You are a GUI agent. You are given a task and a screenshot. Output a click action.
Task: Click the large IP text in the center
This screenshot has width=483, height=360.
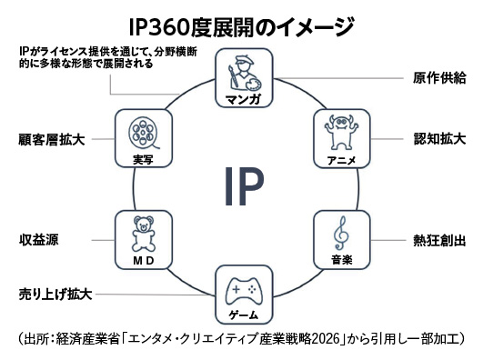click(244, 186)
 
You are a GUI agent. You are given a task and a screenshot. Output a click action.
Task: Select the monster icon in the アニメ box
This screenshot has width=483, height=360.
click(341, 133)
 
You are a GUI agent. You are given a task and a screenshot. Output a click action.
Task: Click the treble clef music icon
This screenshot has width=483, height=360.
click(341, 233)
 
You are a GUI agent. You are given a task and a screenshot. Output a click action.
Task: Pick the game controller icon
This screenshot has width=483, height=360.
click(244, 291)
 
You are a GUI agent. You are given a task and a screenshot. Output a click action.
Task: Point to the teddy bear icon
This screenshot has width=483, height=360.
click(143, 234)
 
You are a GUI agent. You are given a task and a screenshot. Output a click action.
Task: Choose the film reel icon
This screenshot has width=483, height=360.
click(143, 133)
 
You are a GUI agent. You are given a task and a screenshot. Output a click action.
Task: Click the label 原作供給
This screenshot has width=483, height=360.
click(439, 78)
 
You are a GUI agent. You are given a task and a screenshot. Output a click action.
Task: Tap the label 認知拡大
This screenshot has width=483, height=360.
click(439, 139)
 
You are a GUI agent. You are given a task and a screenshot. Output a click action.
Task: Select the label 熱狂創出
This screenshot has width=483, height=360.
click(439, 241)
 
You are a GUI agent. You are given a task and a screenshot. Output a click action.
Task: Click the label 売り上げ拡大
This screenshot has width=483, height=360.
click(55, 295)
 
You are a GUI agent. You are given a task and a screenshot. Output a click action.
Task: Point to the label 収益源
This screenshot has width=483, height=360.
click(38, 240)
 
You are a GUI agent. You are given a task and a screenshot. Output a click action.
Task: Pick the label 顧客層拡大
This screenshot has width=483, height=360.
click(52, 139)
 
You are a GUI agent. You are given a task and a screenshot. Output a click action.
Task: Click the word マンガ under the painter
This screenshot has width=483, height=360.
click(244, 99)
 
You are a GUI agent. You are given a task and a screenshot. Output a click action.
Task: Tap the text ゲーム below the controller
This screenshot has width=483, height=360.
click(244, 315)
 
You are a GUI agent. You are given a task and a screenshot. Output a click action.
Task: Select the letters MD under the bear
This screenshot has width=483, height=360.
click(143, 261)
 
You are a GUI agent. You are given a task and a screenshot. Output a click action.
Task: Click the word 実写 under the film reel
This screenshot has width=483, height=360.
click(143, 159)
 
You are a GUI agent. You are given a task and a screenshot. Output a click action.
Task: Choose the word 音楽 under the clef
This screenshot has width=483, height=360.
click(342, 260)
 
